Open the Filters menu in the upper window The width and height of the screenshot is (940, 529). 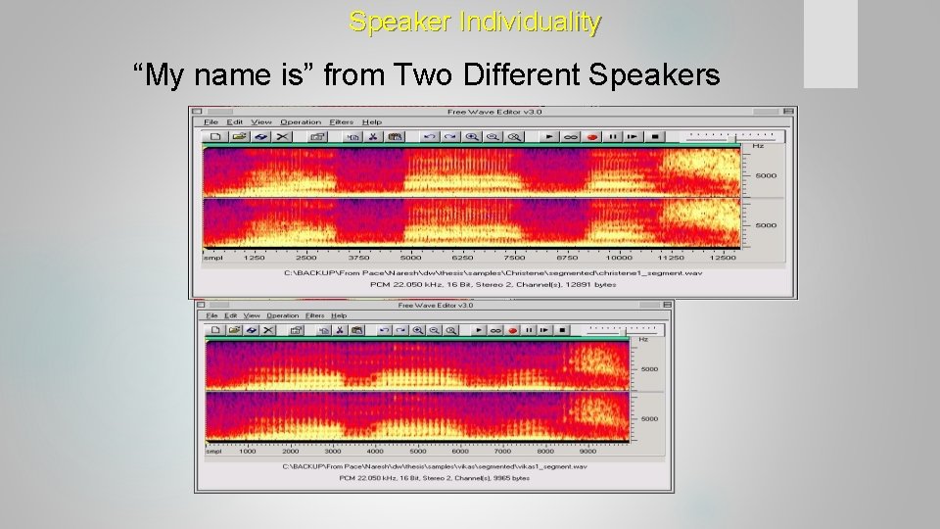[342, 122]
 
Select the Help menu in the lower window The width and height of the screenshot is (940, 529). [339, 315]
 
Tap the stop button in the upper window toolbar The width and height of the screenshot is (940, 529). [655, 137]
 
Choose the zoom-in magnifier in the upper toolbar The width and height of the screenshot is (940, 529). [473, 137]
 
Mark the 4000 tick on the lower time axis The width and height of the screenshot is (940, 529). [376, 451]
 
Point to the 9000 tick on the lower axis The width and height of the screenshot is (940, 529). [587, 451]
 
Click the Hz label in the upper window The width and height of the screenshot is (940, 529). [757, 146]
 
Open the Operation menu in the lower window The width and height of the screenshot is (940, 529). [283, 315]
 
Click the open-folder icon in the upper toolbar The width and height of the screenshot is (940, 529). [238, 137]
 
